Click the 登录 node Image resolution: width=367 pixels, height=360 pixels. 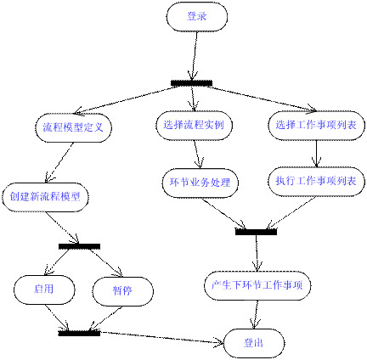(196, 16)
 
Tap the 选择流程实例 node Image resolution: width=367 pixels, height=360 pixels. (195, 125)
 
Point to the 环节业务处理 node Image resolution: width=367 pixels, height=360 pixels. (200, 182)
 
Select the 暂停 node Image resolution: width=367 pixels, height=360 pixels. (121, 290)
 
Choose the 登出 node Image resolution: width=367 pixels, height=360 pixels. (253, 342)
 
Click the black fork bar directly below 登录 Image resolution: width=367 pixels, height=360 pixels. (191, 83)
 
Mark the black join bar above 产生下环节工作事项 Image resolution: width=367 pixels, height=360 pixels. (256, 230)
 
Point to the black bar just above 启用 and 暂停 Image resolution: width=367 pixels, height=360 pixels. (79, 246)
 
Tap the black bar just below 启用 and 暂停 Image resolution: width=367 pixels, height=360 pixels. (79, 333)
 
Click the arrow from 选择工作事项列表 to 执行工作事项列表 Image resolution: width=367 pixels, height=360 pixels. (316, 153)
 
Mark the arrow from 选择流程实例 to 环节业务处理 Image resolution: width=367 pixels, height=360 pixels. (197, 153)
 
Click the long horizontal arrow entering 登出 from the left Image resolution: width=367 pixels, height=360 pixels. (161, 338)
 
